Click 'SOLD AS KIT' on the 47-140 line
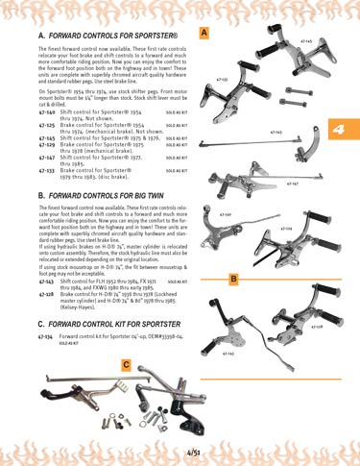[177, 112]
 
